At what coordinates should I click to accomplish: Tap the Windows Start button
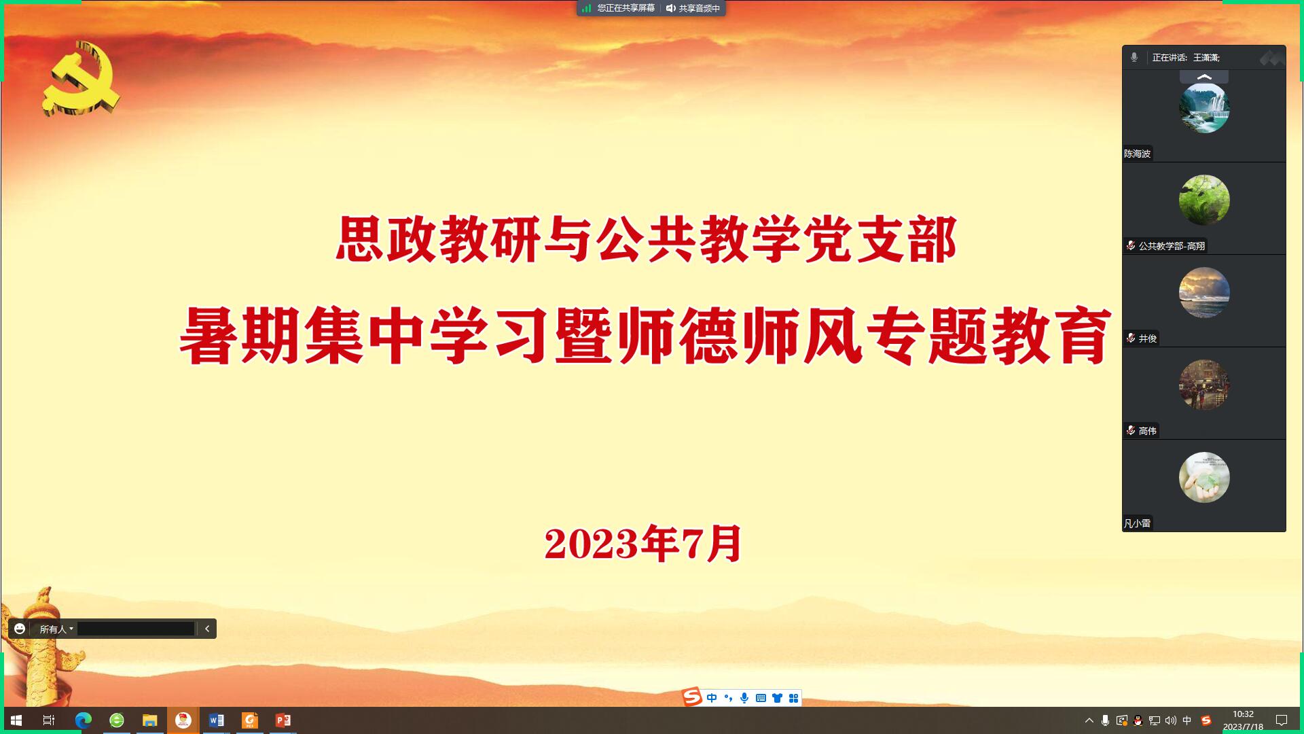tap(16, 720)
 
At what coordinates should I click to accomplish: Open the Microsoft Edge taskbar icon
tap(83, 720)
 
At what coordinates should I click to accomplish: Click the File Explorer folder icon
tap(149, 720)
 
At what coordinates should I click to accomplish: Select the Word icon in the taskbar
tap(216, 720)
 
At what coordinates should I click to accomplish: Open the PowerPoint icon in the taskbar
tap(283, 720)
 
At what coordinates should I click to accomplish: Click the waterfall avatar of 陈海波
tap(1204, 107)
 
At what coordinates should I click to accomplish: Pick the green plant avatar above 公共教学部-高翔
tap(1204, 200)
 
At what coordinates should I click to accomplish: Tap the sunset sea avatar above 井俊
tap(1204, 292)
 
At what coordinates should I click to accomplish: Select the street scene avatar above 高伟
tap(1204, 385)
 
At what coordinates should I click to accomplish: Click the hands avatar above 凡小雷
tap(1204, 477)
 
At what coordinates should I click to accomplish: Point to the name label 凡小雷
tap(1137, 523)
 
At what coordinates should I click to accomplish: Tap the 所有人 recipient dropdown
tap(56, 629)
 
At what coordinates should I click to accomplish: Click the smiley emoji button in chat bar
tap(20, 629)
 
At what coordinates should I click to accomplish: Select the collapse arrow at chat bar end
tap(207, 629)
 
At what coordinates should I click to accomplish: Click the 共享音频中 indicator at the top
tap(693, 8)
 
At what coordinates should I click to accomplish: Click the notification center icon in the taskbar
tap(1282, 720)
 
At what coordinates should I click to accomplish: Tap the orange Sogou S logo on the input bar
tap(691, 697)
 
